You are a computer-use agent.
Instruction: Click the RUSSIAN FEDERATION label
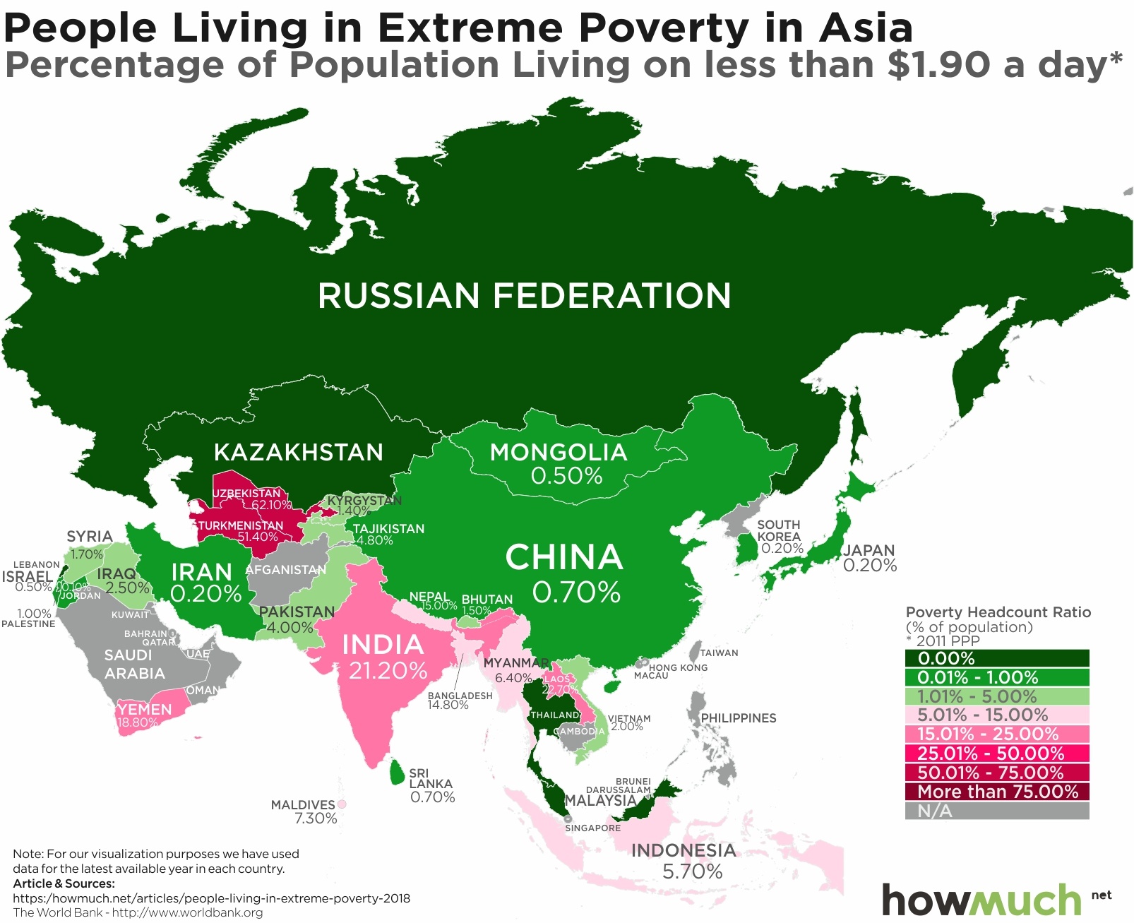(524, 295)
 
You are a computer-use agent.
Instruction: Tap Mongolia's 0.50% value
(566, 476)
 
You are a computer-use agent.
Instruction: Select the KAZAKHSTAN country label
(298, 452)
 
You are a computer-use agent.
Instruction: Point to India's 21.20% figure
(388, 670)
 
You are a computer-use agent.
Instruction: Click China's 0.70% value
(576, 592)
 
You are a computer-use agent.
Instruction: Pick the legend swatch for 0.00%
(996, 658)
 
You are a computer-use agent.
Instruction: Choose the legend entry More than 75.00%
(996, 792)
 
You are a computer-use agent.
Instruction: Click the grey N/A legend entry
(996, 811)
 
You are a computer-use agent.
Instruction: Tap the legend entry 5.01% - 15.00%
(996, 715)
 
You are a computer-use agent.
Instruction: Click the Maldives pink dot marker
(342, 804)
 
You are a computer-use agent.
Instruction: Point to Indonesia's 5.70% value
(692, 871)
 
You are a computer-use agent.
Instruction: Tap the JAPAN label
(869, 550)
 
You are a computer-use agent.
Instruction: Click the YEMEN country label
(145, 709)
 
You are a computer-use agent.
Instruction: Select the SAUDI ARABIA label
(133, 664)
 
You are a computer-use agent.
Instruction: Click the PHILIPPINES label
(738, 718)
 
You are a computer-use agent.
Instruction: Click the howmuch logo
(981, 900)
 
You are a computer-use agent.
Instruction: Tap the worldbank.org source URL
(187, 912)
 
